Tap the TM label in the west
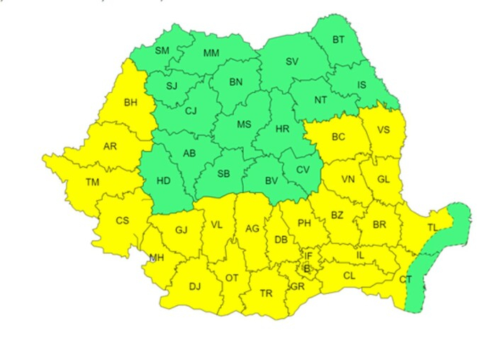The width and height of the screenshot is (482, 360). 93,182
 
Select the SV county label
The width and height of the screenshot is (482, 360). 292,62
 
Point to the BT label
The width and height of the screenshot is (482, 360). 339,40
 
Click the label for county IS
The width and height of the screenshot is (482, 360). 361,85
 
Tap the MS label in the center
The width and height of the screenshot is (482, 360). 244,125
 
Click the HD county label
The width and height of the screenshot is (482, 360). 163,180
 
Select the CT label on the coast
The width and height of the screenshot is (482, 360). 405,279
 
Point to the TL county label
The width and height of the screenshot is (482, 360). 432,227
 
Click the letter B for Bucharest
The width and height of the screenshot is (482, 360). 307,268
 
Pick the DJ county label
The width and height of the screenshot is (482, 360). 195,287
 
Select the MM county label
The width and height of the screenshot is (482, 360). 211,53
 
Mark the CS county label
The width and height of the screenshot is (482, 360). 123,220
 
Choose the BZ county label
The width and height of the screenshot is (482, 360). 337,215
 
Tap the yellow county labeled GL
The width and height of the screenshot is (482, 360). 383,179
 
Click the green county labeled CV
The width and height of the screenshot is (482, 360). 303,169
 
